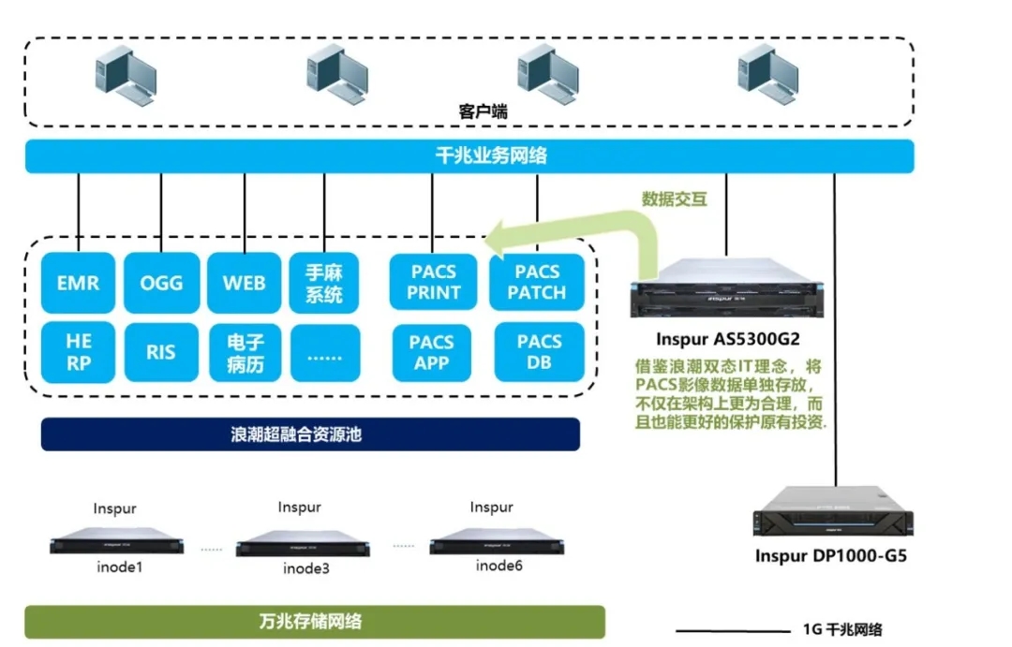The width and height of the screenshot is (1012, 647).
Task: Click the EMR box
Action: point(78,283)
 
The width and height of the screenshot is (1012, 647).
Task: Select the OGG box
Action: point(161,283)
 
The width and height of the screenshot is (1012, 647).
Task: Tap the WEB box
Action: point(244,283)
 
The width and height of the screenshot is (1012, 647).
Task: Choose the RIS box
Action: point(161,353)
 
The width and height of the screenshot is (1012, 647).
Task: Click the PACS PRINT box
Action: point(432,282)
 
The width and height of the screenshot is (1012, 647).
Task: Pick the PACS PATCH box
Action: point(537,282)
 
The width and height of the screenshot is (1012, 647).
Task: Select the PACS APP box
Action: point(432,352)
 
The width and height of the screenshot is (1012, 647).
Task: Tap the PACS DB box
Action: point(539,352)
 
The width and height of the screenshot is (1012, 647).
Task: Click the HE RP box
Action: point(78,353)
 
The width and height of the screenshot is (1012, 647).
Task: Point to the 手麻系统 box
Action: point(324,283)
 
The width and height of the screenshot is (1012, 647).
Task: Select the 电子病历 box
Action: point(244,353)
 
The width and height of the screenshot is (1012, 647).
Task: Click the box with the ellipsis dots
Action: point(324,353)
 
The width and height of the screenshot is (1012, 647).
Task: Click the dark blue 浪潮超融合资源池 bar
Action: point(310,434)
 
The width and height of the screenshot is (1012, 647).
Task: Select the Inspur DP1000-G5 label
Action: point(830,556)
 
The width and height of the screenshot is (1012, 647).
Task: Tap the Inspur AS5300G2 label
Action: point(728,337)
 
